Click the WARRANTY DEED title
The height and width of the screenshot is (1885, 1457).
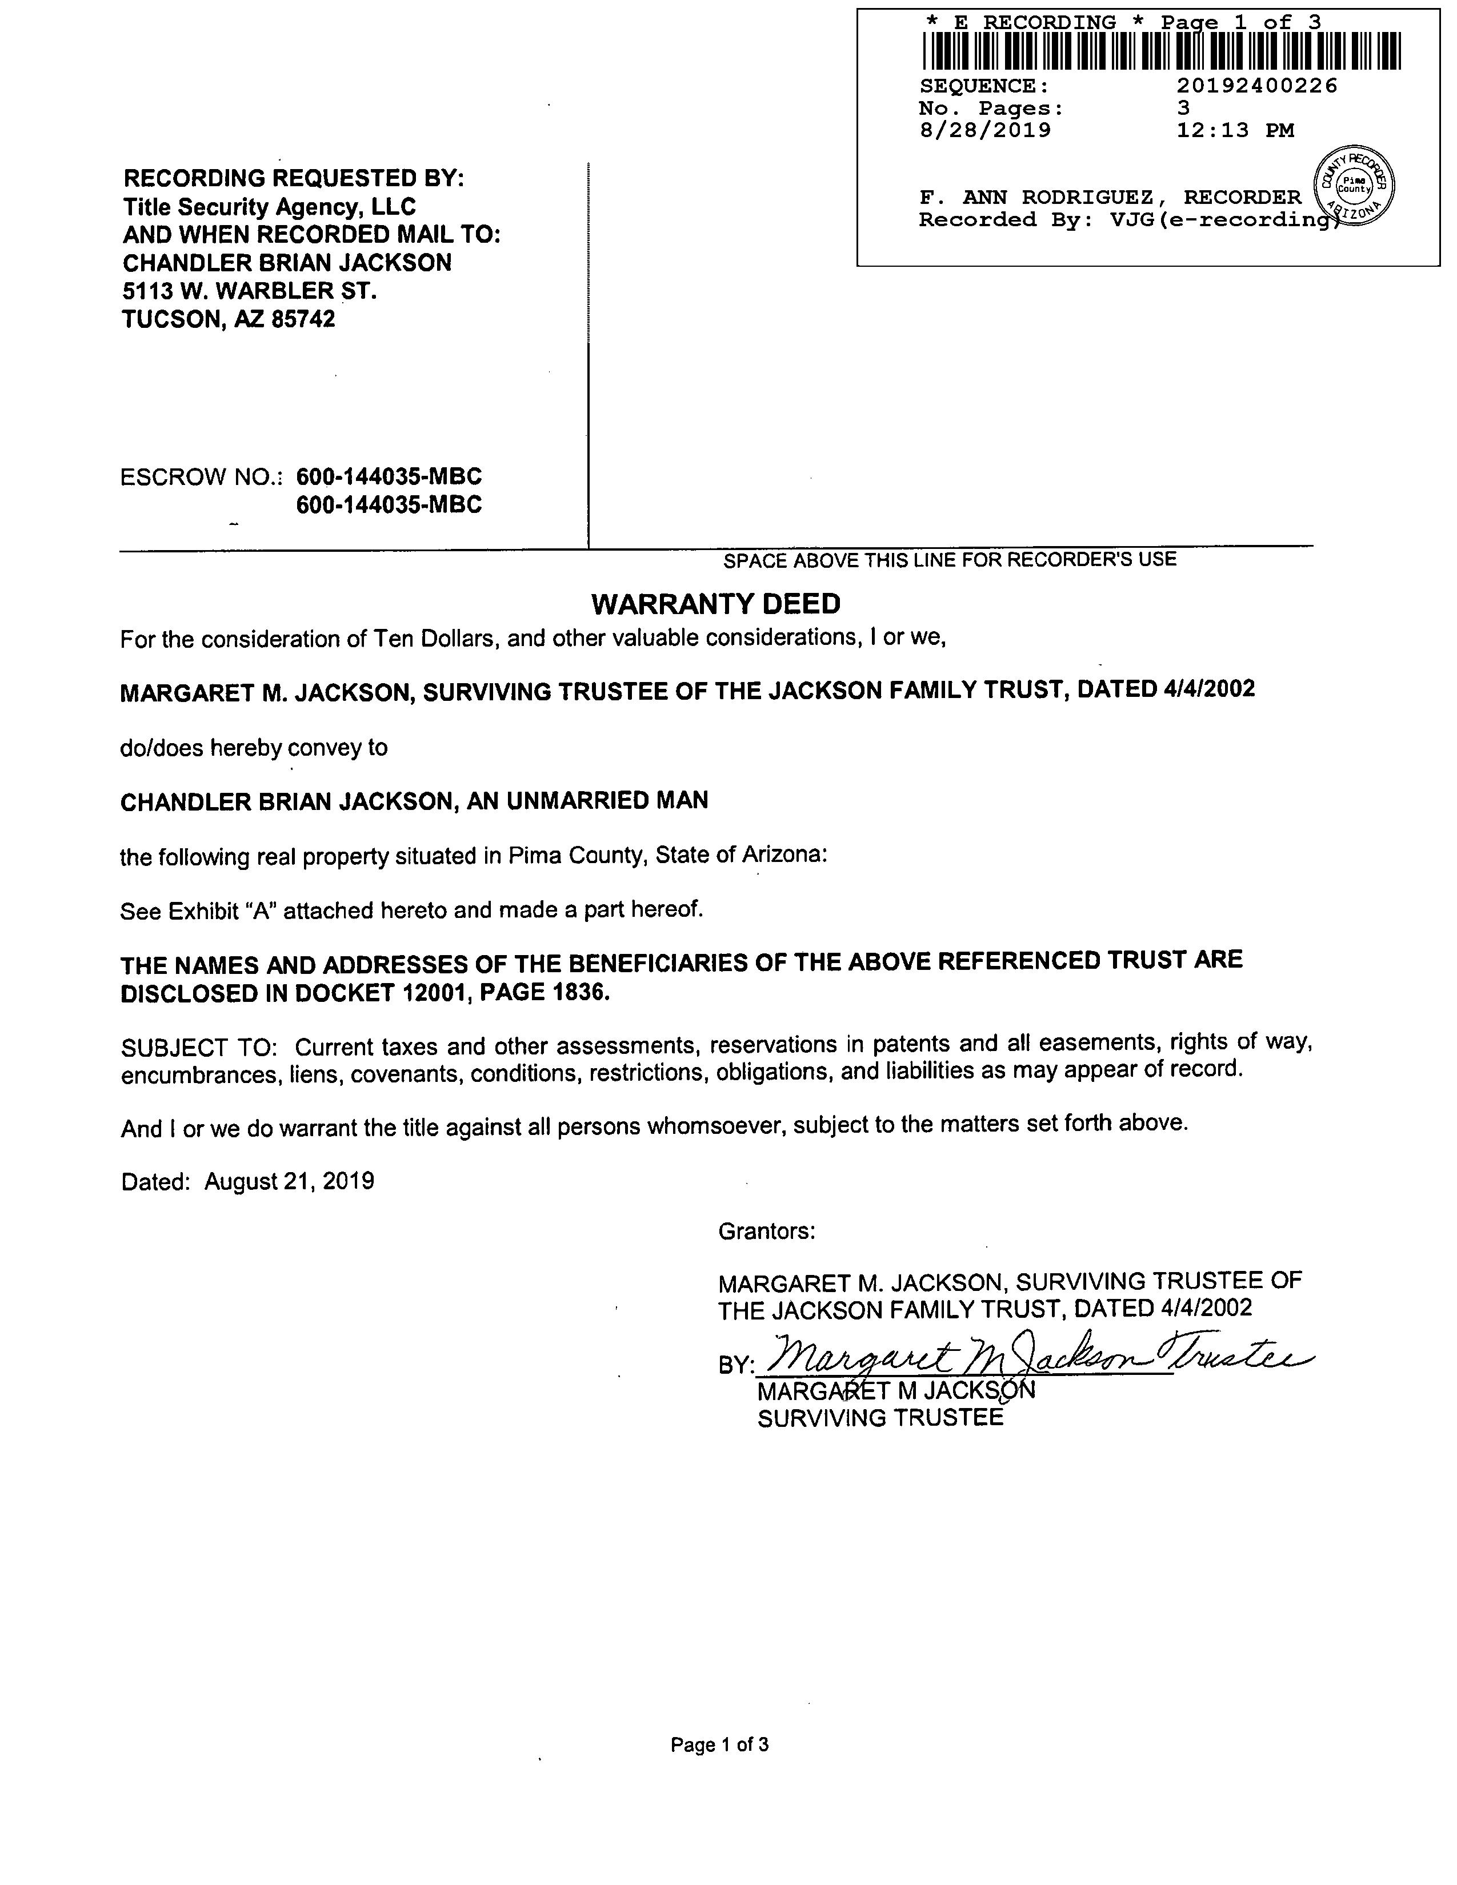click(715, 604)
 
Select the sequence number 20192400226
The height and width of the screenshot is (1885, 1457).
click(1257, 86)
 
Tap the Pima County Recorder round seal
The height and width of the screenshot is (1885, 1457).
click(1354, 185)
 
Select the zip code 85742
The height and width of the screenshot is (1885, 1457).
click(303, 320)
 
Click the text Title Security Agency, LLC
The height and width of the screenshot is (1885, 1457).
click(269, 207)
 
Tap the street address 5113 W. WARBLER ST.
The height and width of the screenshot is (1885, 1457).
click(250, 291)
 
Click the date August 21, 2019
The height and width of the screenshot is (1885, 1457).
click(289, 1182)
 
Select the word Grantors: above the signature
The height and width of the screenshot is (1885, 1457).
click(766, 1232)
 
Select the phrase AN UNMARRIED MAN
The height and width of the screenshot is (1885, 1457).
click(587, 801)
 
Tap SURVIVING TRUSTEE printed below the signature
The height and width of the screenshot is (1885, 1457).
click(880, 1419)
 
